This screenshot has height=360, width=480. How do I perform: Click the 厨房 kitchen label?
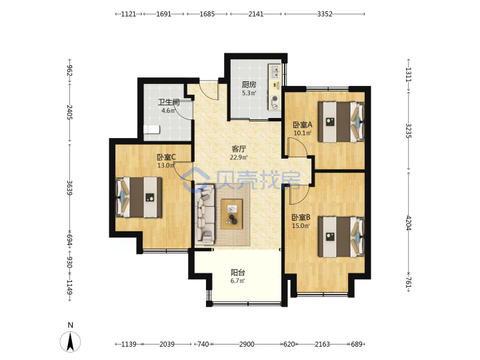coord(249,85)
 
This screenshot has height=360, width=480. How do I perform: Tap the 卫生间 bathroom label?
coord(169,102)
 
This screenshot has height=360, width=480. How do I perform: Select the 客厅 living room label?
coord(239,149)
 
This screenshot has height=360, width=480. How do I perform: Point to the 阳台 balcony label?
coord(238,273)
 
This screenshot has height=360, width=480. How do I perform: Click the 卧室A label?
coord(303,125)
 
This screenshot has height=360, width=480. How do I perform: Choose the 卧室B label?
coord(301,217)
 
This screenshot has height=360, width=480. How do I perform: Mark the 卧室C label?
coord(166,157)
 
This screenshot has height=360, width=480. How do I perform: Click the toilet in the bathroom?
coord(152,129)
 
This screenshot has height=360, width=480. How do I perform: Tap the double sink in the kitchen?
coord(275,71)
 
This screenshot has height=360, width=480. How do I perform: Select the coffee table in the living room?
coord(232,214)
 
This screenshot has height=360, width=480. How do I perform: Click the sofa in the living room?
coord(205,214)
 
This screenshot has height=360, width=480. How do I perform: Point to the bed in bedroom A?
coord(341,122)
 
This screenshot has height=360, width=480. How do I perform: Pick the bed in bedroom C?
coord(139,197)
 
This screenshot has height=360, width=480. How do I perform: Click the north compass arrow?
coord(71,341)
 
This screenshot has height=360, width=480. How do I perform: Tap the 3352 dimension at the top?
coord(325,14)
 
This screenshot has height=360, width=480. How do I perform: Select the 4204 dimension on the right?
coord(409,223)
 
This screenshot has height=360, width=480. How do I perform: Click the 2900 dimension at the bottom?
coord(247,344)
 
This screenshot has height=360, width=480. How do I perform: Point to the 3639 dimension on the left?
coord(70,187)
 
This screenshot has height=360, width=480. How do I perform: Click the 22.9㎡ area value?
coord(239,157)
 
